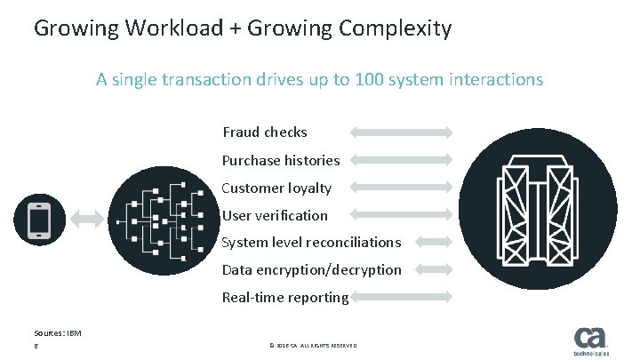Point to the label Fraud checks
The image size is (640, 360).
(265, 132)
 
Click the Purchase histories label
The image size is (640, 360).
(281, 160)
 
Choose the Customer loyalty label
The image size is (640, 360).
(276, 188)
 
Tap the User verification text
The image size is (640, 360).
(275, 215)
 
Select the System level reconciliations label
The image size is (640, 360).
(311, 242)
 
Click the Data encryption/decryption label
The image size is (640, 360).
(311, 269)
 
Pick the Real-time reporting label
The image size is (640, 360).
(285, 297)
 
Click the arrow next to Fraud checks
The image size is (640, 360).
(402, 132)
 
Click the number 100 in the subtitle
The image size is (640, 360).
(369, 79)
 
